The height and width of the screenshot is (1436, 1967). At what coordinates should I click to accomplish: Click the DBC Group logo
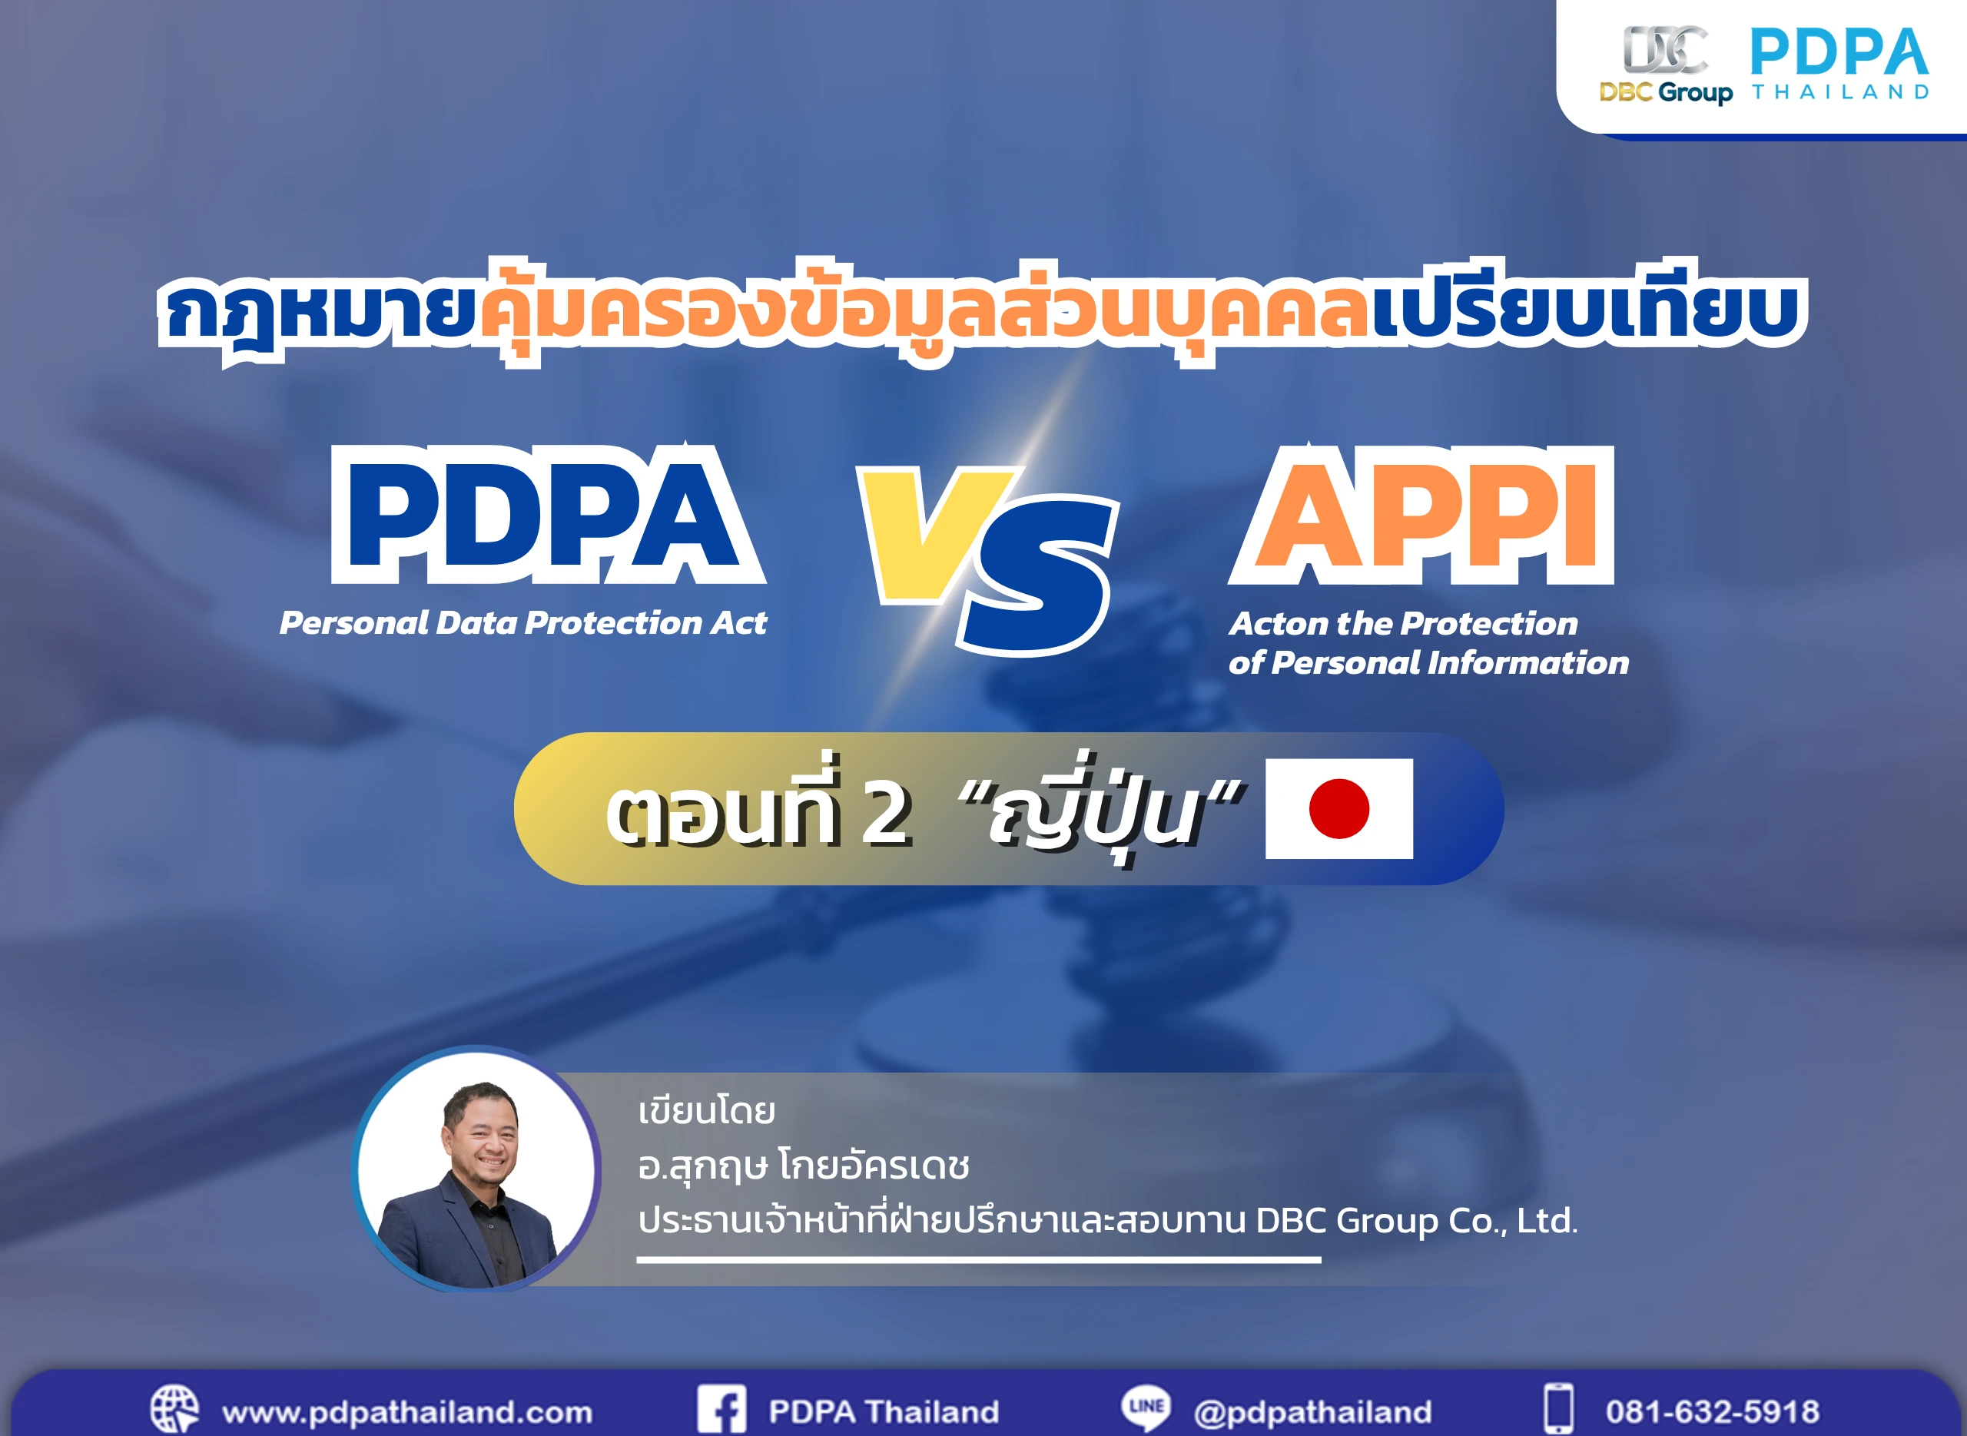(1665, 65)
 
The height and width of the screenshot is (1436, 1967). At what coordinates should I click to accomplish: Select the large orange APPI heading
(1422, 514)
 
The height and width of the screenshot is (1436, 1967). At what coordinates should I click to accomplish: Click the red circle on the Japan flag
(1338, 808)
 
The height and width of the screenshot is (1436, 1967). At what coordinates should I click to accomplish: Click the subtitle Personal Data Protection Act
(523, 622)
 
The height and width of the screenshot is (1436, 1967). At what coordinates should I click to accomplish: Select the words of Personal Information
(1428, 663)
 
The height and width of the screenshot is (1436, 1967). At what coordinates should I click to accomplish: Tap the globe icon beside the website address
(174, 1408)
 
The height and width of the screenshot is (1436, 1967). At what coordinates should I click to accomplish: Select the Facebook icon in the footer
(721, 1408)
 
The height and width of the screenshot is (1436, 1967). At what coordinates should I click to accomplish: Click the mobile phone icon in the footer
(1557, 1408)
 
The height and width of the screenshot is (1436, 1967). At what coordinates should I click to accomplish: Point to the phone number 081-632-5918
(1713, 1411)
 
